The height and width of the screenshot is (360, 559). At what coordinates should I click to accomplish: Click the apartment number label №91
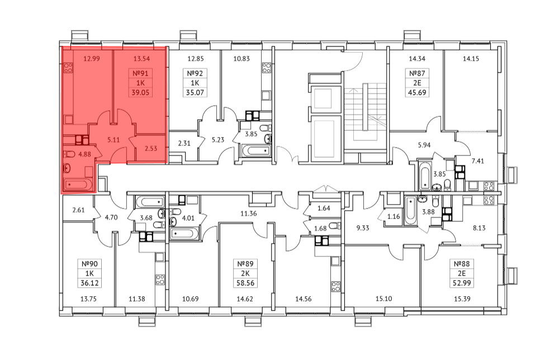[140, 73]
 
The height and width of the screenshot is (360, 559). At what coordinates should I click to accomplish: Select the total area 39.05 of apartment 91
[140, 93]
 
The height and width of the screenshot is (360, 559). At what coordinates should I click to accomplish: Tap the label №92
[195, 73]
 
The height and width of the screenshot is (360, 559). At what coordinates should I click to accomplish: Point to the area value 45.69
[417, 93]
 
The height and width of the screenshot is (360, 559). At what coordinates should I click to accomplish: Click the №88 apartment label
[462, 264]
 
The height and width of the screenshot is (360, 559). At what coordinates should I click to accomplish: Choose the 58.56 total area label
[245, 283]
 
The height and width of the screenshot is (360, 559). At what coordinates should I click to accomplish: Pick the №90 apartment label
[89, 264]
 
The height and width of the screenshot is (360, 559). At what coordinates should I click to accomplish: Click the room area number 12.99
[92, 59]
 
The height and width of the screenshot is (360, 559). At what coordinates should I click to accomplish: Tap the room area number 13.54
[141, 59]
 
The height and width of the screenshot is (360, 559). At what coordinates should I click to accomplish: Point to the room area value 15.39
[462, 299]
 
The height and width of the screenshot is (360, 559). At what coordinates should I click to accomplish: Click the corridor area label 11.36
[249, 214]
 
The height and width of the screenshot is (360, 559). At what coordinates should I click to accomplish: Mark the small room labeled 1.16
[394, 216]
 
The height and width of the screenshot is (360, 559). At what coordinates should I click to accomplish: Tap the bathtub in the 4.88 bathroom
[78, 184]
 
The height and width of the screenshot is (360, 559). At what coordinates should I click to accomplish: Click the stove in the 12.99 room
[68, 68]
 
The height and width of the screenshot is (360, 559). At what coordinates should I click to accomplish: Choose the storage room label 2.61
[78, 210]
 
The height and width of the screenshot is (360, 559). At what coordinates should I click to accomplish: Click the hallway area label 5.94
[424, 145]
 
